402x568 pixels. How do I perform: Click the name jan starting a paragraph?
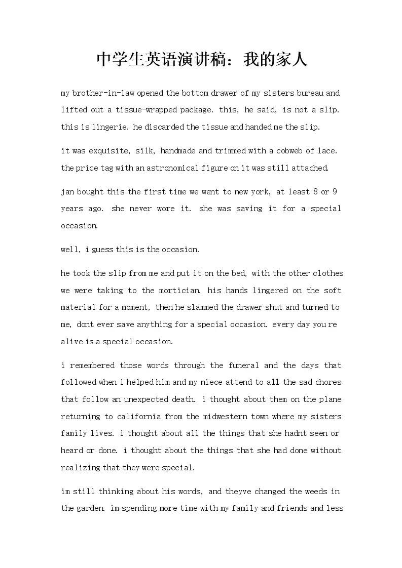point(67,192)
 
